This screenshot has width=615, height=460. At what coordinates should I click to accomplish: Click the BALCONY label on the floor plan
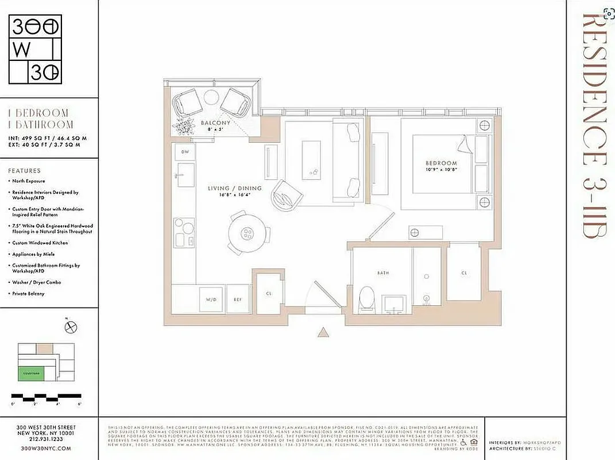click(215, 123)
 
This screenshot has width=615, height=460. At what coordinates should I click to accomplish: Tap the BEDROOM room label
click(442, 163)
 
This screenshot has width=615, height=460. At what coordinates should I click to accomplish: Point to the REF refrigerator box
click(238, 300)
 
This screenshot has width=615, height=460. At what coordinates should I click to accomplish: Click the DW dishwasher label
click(185, 151)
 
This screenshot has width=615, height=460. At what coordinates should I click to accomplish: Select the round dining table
click(247, 233)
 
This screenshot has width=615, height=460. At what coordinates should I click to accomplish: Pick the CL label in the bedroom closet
click(463, 273)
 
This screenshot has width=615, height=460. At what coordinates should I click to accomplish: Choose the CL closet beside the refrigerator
click(269, 293)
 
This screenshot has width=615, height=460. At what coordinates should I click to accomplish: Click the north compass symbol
click(72, 326)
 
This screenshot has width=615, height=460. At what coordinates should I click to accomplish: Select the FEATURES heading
click(24, 171)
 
